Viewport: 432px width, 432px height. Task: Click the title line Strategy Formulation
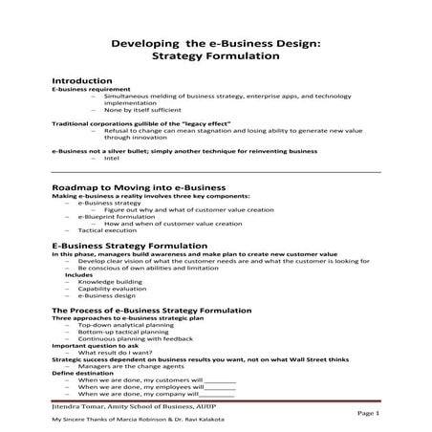[x=215, y=56]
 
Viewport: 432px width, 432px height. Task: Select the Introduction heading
[x=82, y=81]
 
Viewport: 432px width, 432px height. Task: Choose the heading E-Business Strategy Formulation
[x=131, y=246]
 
